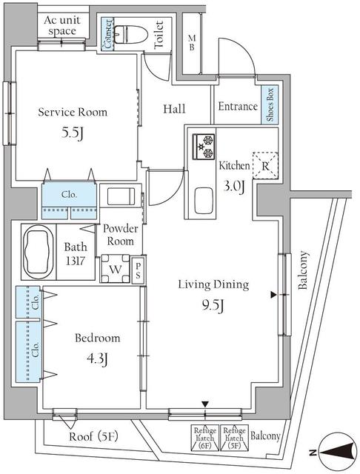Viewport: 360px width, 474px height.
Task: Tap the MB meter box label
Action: (x=190, y=44)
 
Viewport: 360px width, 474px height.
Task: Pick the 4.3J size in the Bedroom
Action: (x=97, y=360)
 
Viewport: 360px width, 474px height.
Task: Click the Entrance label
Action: (x=238, y=107)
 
